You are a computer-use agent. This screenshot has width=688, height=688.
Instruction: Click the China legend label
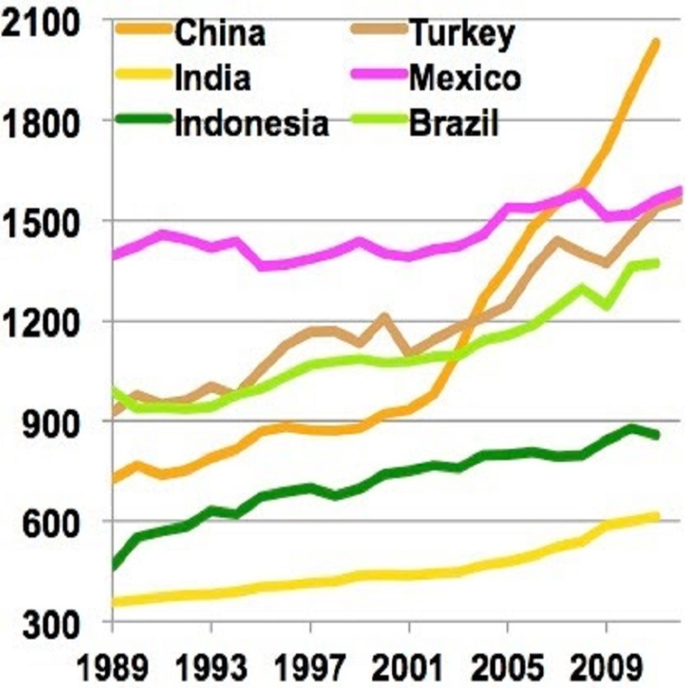click(220, 33)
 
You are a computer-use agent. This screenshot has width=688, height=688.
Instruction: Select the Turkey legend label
click(462, 33)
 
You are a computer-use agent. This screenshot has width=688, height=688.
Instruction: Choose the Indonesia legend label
click(252, 123)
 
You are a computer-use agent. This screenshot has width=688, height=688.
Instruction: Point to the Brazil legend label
click(453, 123)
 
